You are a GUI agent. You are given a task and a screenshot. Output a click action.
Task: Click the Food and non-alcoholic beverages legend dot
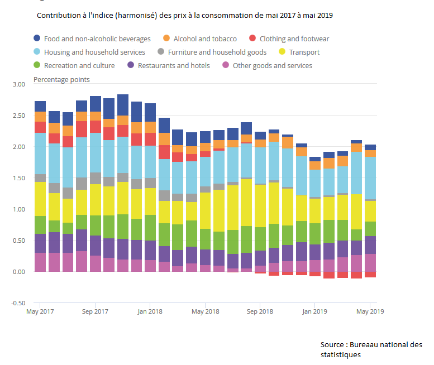[x=37, y=39]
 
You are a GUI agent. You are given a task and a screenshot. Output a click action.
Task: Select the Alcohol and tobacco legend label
[x=205, y=39]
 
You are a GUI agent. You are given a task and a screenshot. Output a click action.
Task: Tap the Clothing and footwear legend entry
[x=294, y=39]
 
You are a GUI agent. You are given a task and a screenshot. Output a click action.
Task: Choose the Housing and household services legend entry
[x=94, y=52]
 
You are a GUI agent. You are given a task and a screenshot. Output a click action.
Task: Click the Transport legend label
[x=305, y=52]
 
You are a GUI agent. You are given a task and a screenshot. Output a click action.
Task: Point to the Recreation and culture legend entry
[x=79, y=65]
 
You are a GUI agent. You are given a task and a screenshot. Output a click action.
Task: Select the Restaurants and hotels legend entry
[x=174, y=65]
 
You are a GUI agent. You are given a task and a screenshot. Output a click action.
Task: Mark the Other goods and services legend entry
[x=272, y=65]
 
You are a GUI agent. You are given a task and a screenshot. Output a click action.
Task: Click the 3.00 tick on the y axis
[x=19, y=84]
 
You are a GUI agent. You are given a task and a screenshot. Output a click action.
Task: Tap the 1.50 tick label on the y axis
[x=19, y=178]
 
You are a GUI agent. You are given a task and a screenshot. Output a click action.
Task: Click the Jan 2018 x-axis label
[x=150, y=311]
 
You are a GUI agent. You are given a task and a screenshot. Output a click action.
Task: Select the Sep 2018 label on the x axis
[x=260, y=311]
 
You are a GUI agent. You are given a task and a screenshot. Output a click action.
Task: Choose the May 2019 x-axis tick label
[x=370, y=311]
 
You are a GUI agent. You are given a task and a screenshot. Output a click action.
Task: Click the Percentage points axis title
[x=61, y=79]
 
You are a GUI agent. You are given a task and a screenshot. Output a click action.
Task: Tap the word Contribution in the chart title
[x=61, y=16]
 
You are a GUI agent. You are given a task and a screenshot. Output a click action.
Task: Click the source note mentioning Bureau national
[x=371, y=349]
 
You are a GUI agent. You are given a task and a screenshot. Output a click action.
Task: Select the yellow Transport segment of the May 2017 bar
[x=40, y=199]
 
